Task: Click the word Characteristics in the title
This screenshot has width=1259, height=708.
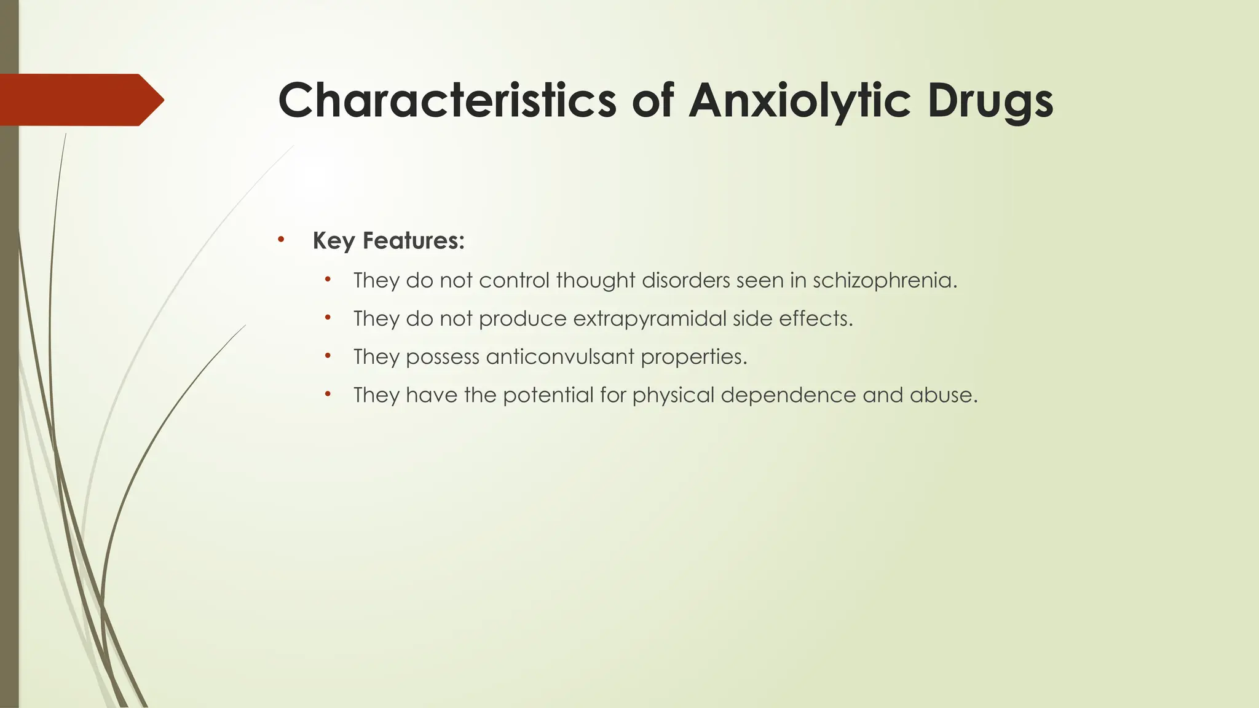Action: [x=447, y=100]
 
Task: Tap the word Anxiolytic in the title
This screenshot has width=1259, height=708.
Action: [x=799, y=100]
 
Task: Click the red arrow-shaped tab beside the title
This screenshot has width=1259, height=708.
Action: [x=80, y=100]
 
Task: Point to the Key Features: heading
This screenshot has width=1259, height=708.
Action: [x=389, y=240]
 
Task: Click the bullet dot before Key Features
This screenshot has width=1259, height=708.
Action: [x=281, y=239]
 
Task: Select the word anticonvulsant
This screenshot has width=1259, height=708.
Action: [x=559, y=357]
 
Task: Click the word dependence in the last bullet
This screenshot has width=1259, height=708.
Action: [x=788, y=395]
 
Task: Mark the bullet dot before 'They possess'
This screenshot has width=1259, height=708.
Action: [x=328, y=356]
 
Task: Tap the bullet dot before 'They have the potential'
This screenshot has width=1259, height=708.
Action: [x=328, y=394]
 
